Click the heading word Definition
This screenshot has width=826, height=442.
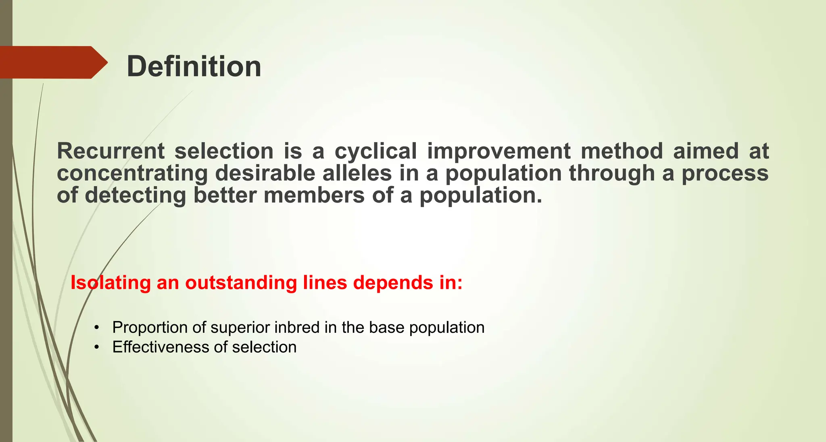194,66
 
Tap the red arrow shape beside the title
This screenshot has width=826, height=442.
52,62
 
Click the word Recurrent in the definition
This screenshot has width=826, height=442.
111,151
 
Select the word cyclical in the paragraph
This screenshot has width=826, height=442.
375,151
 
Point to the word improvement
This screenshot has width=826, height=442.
499,151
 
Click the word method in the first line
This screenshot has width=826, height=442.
622,151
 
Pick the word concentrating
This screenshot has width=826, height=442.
132,174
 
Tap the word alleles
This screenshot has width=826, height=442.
357,174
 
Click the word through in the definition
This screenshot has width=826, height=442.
612,174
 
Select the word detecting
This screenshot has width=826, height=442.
136,196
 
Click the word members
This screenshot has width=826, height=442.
314,196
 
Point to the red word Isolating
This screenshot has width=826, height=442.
110,283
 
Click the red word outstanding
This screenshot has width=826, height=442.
241,283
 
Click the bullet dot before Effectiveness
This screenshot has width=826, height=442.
96,347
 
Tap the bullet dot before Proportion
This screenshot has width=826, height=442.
96,328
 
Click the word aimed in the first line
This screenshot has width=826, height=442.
706,151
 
